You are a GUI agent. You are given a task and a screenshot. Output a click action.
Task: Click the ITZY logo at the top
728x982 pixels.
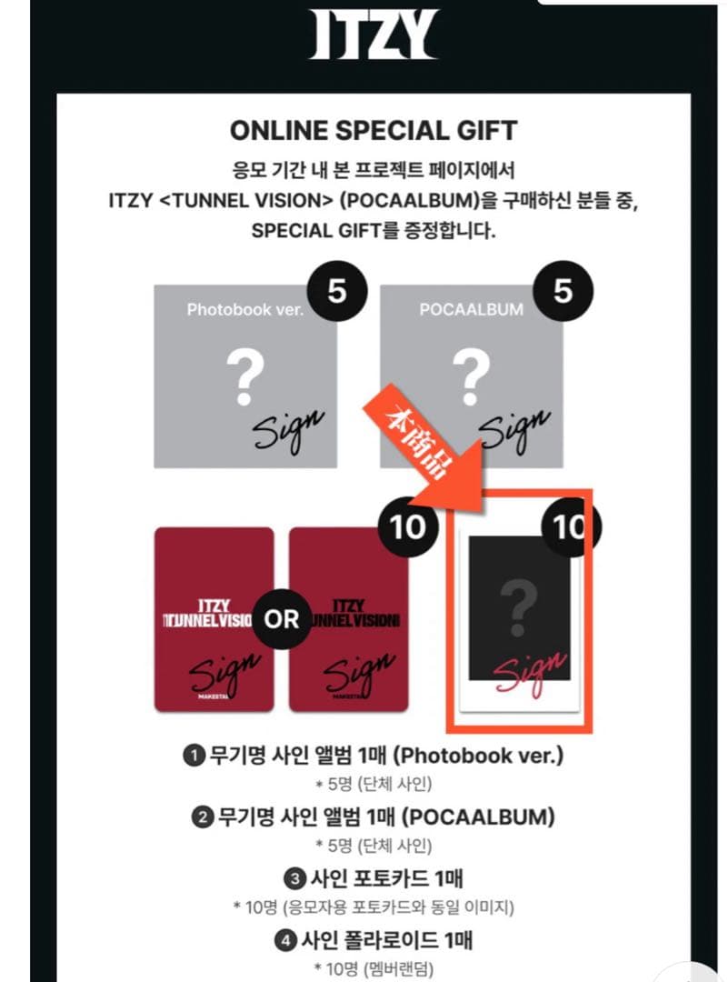[x=373, y=36]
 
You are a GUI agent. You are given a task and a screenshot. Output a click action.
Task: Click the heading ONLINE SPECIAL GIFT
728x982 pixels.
[x=374, y=130]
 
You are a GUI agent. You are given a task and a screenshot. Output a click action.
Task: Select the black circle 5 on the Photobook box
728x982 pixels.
[x=335, y=292]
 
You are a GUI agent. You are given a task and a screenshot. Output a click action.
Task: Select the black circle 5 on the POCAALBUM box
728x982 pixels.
[x=563, y=292]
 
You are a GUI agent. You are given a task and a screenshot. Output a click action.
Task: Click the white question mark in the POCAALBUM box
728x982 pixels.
[x=471, y=379]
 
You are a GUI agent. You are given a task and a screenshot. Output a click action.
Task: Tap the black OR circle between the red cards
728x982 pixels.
[x=281, y=619]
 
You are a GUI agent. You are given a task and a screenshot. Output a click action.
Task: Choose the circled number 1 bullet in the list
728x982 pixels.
[x=193, y=756]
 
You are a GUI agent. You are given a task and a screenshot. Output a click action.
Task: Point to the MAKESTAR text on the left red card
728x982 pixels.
[x=214, y=698]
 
